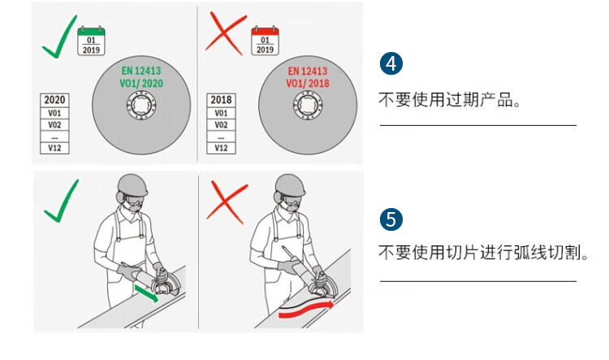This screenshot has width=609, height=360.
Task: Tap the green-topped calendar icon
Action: pyautogui.click(x=91, y=41)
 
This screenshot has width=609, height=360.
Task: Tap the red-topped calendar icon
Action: pyautogui.click(x=266, y=41)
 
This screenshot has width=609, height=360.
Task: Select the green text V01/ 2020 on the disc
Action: pyautogui.click(x=141, y=83)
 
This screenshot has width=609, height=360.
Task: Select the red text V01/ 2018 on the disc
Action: pyautogui.click(x=308, y=83)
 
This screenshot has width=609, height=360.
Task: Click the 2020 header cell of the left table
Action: pyautogui.click(x=54, y=100)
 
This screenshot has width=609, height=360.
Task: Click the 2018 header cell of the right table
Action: pyautogui.click(x=221, y=100)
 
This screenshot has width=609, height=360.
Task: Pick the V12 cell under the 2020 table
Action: pyautogui.click(x=54, y=148)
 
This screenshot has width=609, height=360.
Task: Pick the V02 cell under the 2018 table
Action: pyautogui.click(x=221, y=125)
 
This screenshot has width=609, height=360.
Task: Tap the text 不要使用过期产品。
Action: pyautogui.click(x=450, y=101)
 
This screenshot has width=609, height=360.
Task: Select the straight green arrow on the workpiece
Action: pyautogui.click(x=147, y=292)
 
